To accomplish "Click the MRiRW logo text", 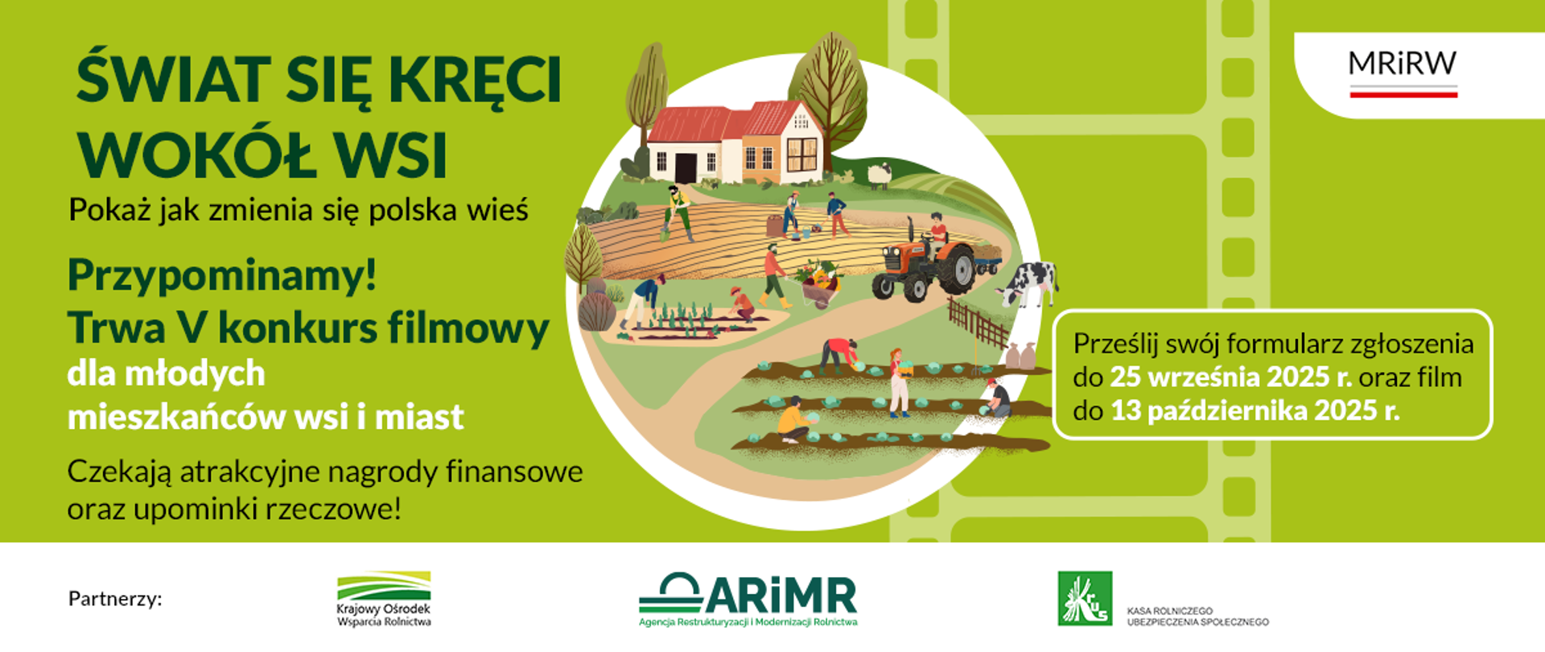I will pyautogui.click(x=1403, y=64).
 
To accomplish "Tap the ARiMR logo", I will pyautogui.click(x=748, y=600).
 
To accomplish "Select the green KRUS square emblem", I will pyautogui.click(x=1085, y=599).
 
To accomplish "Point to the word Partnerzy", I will pyautogui.click(x=115, y=599).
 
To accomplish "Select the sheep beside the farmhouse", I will pyautogui.click(x=879, y=175).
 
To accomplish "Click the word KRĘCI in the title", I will pyautogui.click(x=475, y=80).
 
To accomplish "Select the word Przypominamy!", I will pyautogui.click(x=222, y=275).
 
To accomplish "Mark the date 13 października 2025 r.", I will pyautogui.click(x=1255, y=411).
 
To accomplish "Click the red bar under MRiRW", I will pyautogui.click(x=1403, y=95).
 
